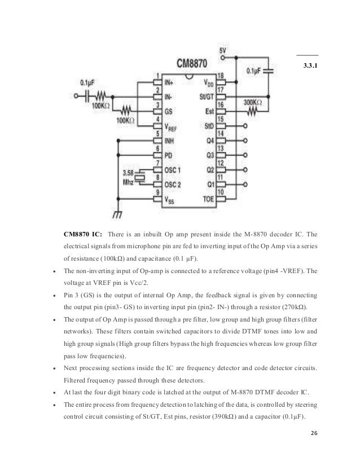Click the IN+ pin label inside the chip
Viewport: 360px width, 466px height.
(x=170, y=82)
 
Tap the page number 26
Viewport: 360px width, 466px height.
(x=314, y=447)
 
